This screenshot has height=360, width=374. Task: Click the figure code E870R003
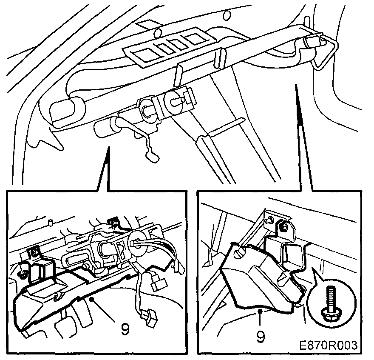click(x=329, y=345)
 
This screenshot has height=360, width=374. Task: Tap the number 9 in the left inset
click(x=125, y=329)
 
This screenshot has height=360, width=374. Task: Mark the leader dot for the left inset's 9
click(x=91, y=299)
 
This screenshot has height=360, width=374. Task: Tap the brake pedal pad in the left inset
click(x=63, y=327)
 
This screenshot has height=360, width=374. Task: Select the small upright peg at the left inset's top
click(x=50, y=223)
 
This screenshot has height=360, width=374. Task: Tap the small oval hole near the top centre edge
click(x=227, y=15)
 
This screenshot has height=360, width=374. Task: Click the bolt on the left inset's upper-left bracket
click(x=35, y=252)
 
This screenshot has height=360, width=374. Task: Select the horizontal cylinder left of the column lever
click(x=106, y=129)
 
